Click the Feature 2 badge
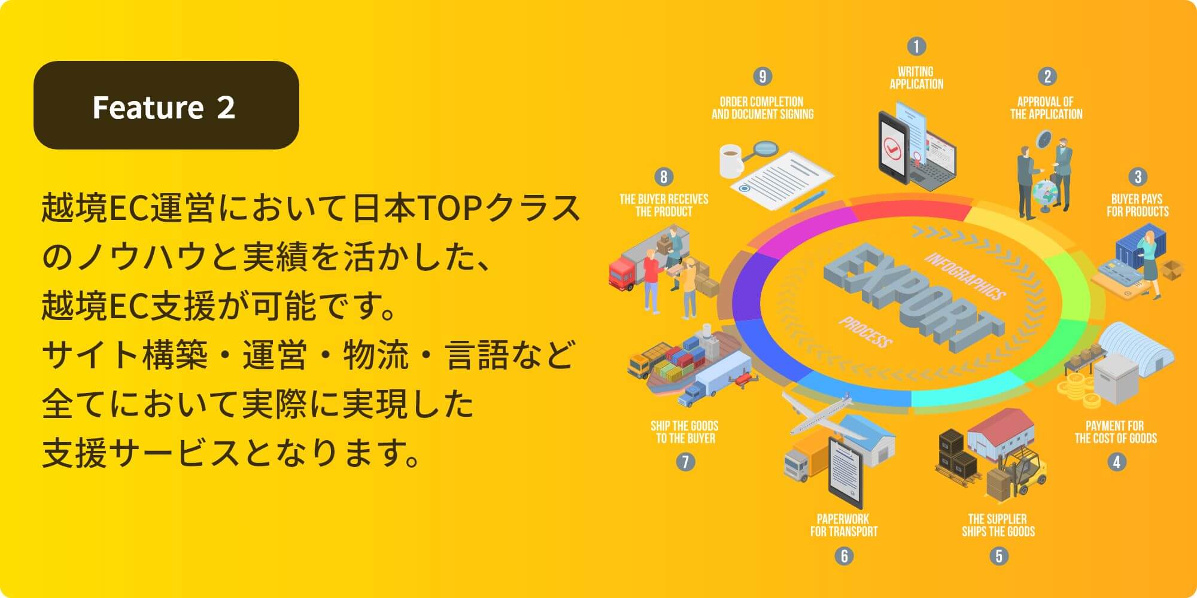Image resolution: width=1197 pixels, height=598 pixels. (166, 105)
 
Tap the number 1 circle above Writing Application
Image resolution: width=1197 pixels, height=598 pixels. (916, 46)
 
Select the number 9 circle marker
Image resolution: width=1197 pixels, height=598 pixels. (762, 77)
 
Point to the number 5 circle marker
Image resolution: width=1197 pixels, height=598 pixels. (998, 556)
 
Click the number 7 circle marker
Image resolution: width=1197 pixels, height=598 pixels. (685, 462)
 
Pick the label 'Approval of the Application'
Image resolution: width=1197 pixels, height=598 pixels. (1046, 108)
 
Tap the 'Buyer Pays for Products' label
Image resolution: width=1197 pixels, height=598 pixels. (1138, 205)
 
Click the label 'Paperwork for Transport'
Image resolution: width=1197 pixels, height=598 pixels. (844, 525)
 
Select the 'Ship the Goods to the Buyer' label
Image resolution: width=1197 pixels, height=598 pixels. (685, 432)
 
